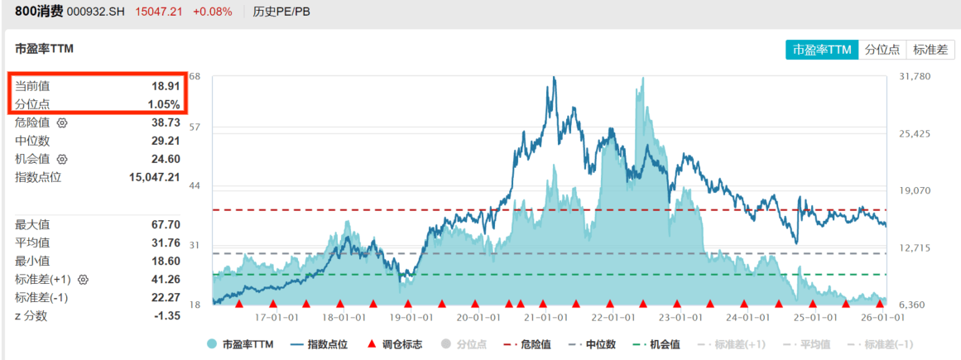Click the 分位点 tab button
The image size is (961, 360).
coord(882,50)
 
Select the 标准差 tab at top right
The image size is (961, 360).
coord(930,50)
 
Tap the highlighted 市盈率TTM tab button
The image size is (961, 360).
coord(822,50)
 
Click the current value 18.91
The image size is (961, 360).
coord(166,85)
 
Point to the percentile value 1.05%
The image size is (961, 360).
coord(163,104)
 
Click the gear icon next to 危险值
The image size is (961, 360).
coord(62,122)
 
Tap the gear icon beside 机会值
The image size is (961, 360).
coord(62,159)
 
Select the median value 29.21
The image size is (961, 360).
coord(166,141)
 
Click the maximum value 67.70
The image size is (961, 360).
coord(166,224)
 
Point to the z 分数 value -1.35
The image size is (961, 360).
coord(166,315)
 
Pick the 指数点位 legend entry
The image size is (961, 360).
coord(324,344)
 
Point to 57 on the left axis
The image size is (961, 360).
coord(195,127)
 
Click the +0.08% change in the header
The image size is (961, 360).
coord(213,12)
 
